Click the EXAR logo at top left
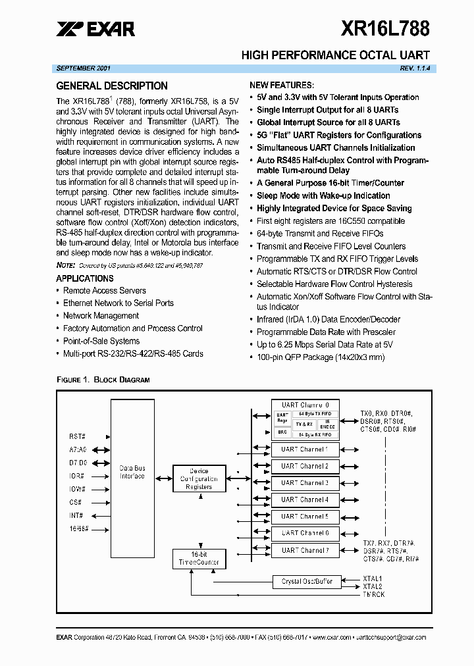(95, 28)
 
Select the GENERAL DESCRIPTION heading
(112, 86)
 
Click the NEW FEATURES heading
(282, 85)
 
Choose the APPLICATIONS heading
(85, 278)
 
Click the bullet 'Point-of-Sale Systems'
(101, 341)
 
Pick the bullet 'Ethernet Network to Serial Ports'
(118, 303)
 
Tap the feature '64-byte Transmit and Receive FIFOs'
(320, 234)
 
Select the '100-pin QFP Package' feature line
(321, 357)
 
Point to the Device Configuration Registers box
(198, 479)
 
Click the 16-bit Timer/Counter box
(199, 559)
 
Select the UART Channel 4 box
(305, 499)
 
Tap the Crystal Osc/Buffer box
(307, 582)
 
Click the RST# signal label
(78, 436)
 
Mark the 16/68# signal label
(78, 528)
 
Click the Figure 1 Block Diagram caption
(103, 380)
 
